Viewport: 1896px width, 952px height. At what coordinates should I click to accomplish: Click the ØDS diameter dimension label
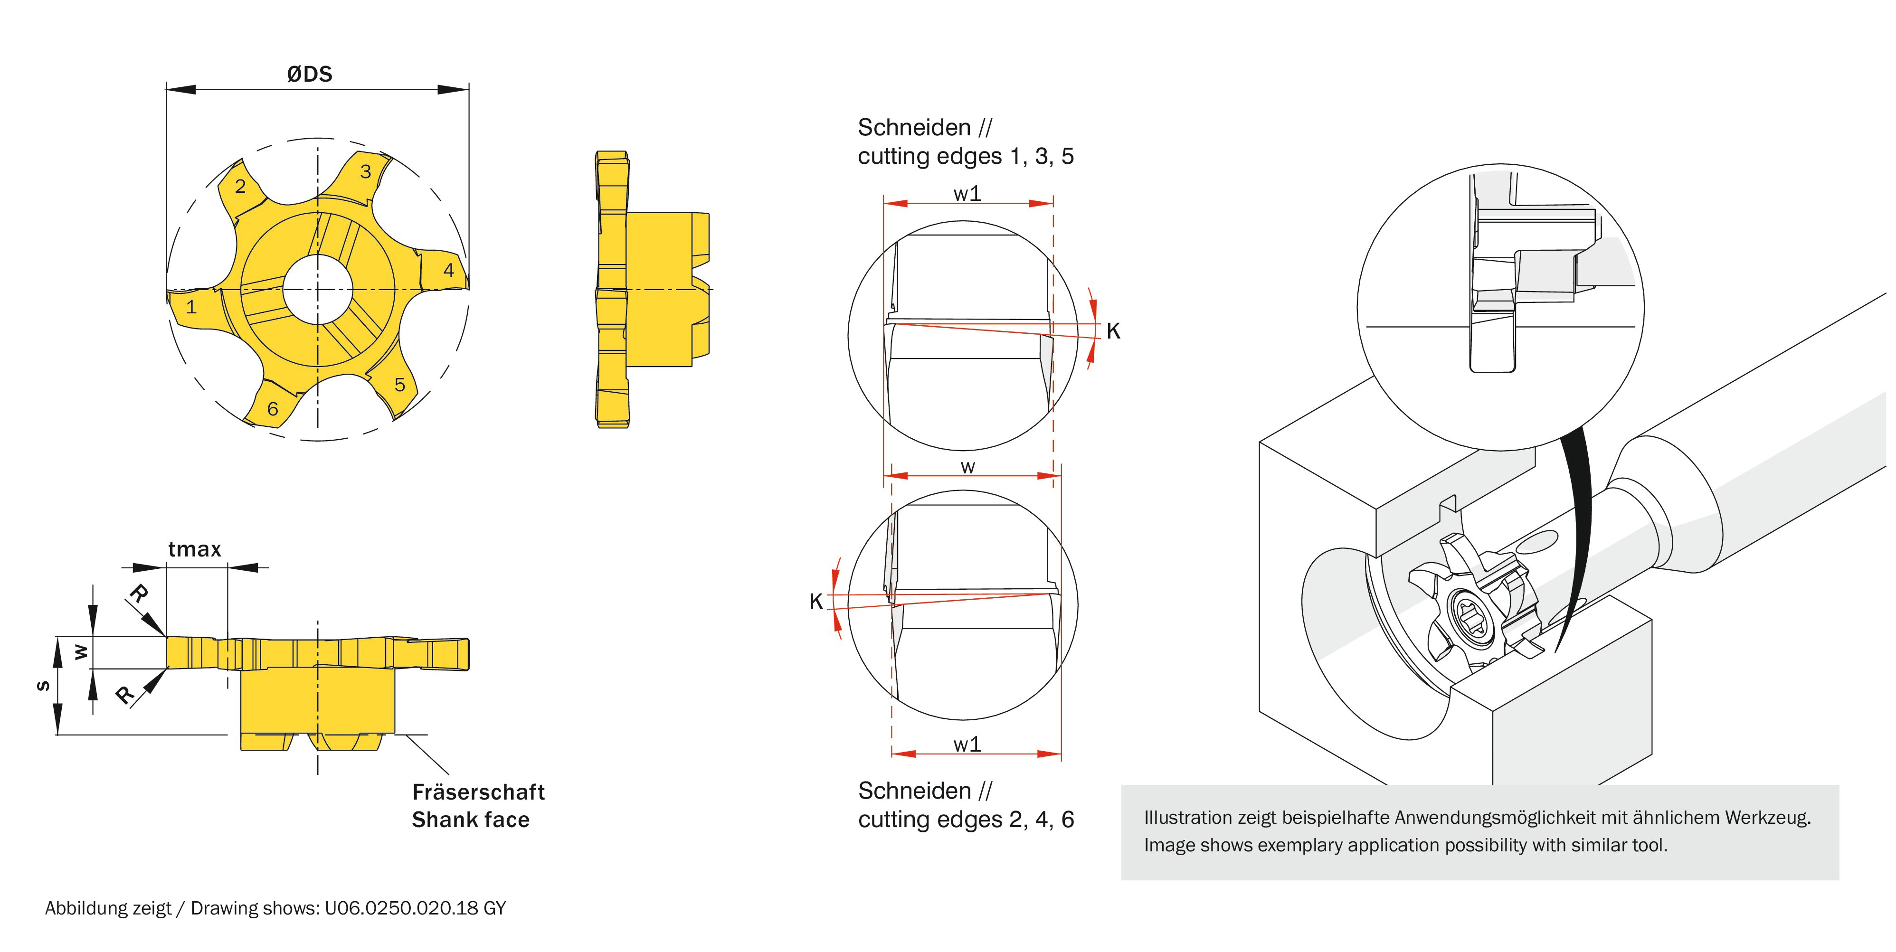click(309, 74)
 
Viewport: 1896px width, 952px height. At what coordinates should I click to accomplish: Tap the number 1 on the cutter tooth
click(191, 307)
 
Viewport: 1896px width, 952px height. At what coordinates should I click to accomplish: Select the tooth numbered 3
click(366, 171)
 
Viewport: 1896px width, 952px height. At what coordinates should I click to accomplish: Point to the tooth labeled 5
click(399, 384)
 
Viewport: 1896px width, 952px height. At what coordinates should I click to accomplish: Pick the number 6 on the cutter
click(272, 409)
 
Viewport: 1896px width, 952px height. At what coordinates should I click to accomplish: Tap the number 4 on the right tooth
click(449, 270)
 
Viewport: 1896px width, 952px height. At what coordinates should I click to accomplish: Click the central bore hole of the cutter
click(318, 289)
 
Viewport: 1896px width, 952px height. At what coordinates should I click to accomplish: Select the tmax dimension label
click(194, 549)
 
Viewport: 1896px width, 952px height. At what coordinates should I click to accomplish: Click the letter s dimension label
click(43, 686)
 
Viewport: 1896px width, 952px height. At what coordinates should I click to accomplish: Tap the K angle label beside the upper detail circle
click(1113, 331)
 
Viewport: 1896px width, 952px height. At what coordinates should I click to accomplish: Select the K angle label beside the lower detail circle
click(815, 602)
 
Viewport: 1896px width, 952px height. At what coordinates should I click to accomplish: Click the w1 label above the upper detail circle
click(967, 194)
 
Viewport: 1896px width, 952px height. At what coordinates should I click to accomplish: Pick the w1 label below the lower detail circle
click(967, 745)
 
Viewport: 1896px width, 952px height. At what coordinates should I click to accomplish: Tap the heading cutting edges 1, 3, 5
click(966, 156)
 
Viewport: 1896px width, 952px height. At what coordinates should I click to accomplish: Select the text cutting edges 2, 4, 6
click(966, 819)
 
